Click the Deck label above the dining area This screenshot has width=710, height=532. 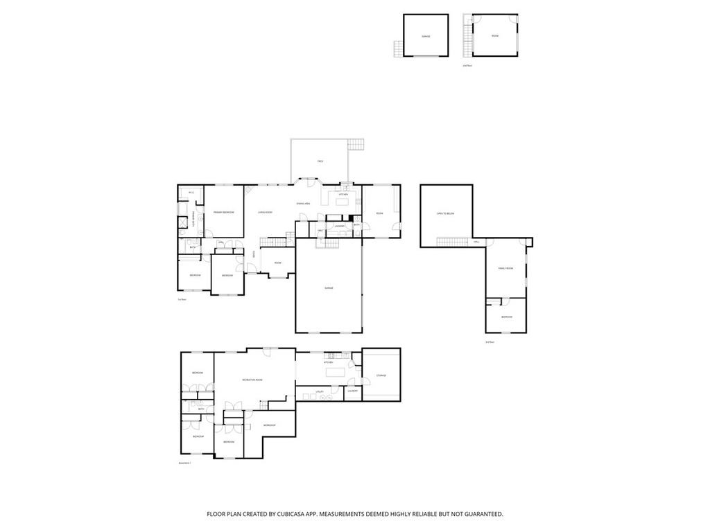pos(320,161)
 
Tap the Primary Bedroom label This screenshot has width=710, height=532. pos(223,212)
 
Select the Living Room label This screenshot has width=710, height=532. pos(265,212)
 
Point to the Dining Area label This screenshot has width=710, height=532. pos(303,204)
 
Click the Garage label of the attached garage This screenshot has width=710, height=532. pos(329,287)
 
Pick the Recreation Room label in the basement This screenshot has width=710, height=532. pos(252,380)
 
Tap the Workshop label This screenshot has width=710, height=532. pos(269,425)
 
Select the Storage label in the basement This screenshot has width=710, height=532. pos(381,375)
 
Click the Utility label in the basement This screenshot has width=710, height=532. pos(320,392)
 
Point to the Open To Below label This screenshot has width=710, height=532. pos(445,213)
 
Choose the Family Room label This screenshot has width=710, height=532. pos(505,268)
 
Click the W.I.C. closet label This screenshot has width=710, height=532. pos(191,193)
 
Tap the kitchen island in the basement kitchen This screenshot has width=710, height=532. pos(336,373)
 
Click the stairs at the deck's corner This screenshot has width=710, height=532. pos(356,144)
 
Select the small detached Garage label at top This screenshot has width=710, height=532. pos(426,36)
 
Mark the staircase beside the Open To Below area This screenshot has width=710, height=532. pos(451,241)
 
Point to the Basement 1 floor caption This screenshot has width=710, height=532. pos(184,463)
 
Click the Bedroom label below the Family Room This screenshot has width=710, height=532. pos(507,317)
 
